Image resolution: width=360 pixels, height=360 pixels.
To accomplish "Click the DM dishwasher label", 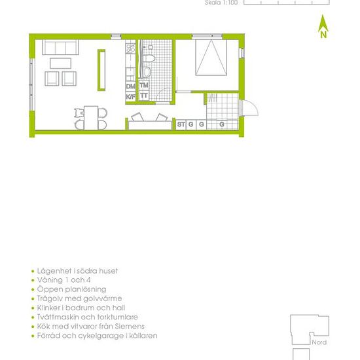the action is [x=131, y=86].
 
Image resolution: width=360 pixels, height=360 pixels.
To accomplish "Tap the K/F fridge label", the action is [x=131, y=97].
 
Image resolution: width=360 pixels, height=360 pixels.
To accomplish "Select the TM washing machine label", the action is [x=144, y=85].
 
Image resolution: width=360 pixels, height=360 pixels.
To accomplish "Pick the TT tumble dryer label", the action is [x=144, y=96].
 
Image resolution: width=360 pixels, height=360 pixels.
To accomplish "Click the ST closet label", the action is [x=181, y=124].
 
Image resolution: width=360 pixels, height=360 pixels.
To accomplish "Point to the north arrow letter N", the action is [x=323, y=35].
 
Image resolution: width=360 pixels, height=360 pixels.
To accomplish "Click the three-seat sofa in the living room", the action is [x=60, y=47].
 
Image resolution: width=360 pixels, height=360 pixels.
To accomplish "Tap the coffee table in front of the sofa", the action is [x=60, y=63].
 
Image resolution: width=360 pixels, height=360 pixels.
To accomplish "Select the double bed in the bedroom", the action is [x=211, y=58].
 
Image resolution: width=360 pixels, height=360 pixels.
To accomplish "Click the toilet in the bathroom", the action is [x=148, y=58].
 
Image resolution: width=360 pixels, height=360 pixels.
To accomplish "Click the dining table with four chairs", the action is [x=91, y=118].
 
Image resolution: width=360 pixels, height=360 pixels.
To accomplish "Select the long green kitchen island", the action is [x=101, y=70].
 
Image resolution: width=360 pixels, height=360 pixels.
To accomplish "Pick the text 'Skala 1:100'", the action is [x=221, y=3].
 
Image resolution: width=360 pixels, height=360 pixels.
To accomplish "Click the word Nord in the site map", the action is [x=319, y=342].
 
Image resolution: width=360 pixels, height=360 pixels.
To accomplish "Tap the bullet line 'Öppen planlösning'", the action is [x=71, y=289].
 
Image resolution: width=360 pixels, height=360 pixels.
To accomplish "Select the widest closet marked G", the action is [x=222, y=124].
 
